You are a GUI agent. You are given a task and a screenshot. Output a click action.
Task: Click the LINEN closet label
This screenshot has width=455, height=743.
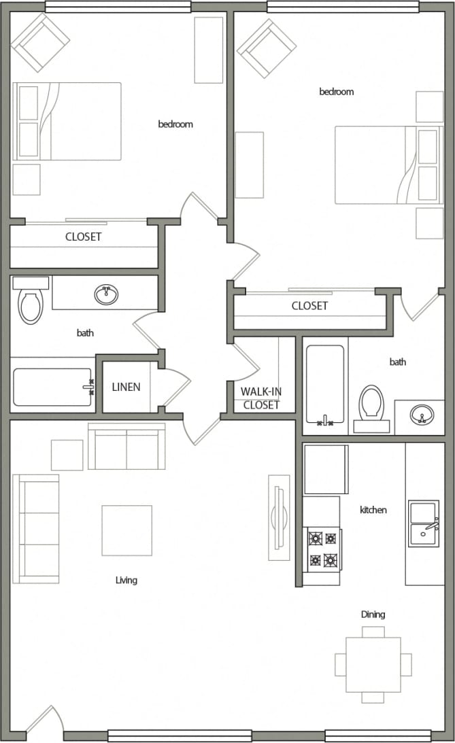click(x=126, y=387)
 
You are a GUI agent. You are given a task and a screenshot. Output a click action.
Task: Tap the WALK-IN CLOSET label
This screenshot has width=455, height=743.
click(x=260, y=398)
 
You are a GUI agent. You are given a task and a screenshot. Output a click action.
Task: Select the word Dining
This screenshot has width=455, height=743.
click(x=373, y=615)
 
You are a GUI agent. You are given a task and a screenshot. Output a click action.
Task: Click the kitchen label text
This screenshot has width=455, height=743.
click(x=373, y=510)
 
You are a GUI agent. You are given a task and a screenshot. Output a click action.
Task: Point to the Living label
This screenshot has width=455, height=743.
click(x=127, y=581)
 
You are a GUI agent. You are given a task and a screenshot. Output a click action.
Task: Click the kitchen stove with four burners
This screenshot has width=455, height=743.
click(x=322, y=549)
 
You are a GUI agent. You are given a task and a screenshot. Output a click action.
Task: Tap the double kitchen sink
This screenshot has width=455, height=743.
click(x=424, y=523)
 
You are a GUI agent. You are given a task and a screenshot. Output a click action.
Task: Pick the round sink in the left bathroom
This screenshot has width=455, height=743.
click(x=105, y=294)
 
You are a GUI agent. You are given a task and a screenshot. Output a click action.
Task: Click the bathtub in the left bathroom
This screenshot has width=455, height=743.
click(x=52, y=387)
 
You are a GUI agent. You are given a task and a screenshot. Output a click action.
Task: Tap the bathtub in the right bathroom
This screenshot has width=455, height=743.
click(x=325, y=385)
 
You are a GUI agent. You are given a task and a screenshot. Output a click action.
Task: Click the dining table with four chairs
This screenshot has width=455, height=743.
click(x=373, y=664)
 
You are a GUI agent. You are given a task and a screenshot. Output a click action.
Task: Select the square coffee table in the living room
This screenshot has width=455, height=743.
click(x=127, y=530)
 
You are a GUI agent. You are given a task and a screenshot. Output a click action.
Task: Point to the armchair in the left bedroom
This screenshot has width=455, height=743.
click(x=40, y=42)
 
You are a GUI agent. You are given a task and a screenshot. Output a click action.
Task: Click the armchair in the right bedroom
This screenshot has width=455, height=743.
click(x=266, y=48)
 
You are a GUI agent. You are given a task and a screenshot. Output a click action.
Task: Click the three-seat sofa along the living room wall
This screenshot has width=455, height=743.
click(x=35, y=528)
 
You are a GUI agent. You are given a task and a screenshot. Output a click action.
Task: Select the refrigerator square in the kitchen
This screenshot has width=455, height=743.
click(x=326, y=469)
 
